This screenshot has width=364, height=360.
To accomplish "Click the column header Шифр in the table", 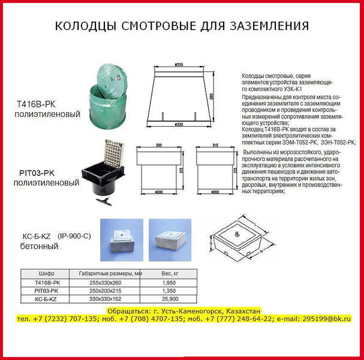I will pos(47,273).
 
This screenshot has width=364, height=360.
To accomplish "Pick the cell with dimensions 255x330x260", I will pos(104,281).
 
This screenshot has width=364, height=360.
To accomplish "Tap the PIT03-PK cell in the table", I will pos(47,290).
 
